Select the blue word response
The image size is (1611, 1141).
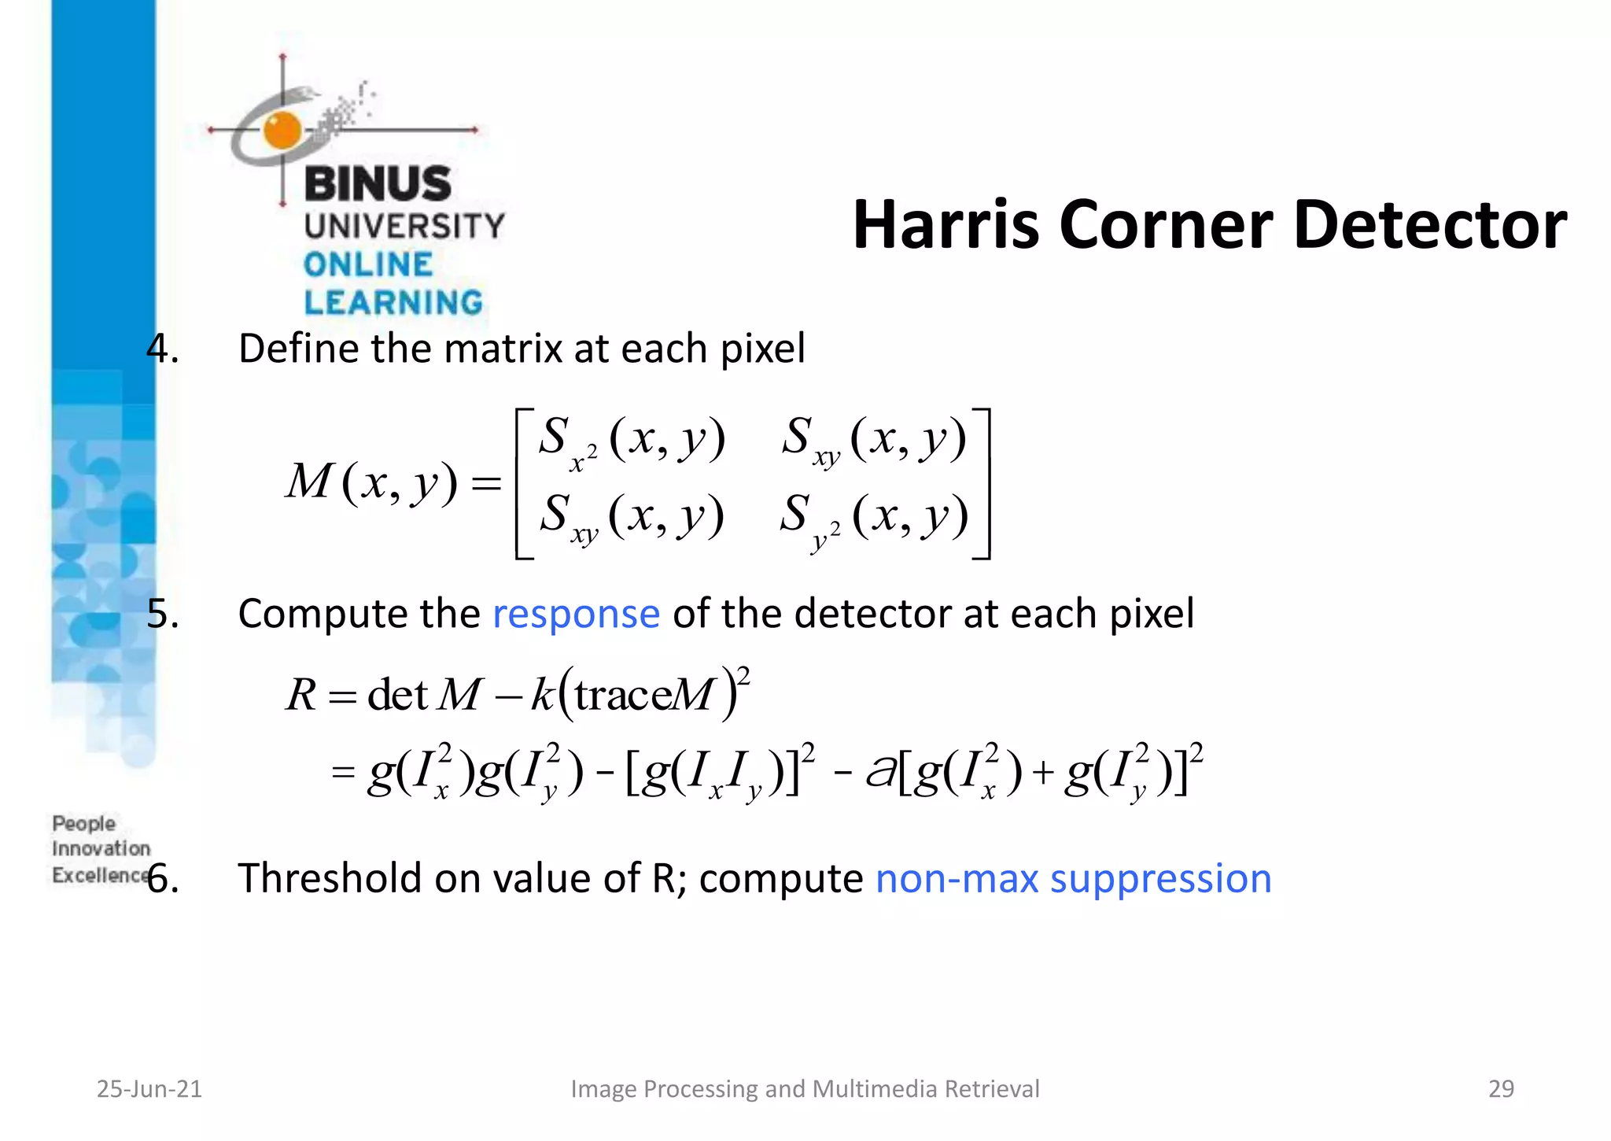click(576, 614)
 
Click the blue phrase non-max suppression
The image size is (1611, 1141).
click(1073, 878)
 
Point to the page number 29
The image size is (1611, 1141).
click(1501, 1088)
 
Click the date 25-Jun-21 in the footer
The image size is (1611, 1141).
click(149, 1088)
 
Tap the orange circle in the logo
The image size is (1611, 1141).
click(282, 130)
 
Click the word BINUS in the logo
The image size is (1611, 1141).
click(378, 184)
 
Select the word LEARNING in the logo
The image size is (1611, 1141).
click(393, 303)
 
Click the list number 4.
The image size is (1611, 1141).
click(162, 349)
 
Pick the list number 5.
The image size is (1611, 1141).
click(162, 614)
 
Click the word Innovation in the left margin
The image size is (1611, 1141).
click(101, 848)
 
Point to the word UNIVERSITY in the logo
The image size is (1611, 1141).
click(404, 227)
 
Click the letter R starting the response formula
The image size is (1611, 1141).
click(300, 695)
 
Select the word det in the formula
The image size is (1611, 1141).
click(397, 695)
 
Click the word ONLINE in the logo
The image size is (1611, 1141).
click(368, 264)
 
